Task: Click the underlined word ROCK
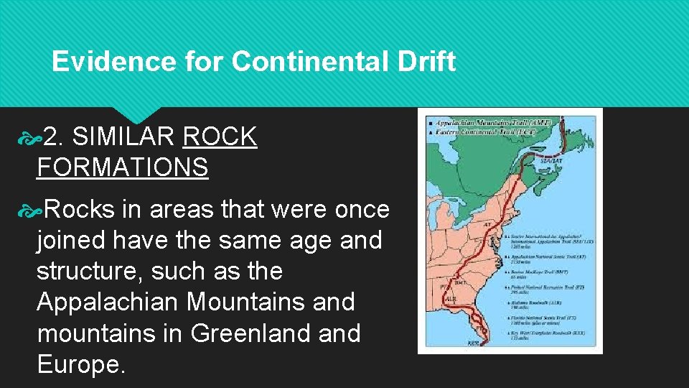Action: (220, 136)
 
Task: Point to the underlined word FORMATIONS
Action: (122, 167)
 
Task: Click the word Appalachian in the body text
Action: (108, 302)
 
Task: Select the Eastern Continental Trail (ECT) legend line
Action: (484, 131)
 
